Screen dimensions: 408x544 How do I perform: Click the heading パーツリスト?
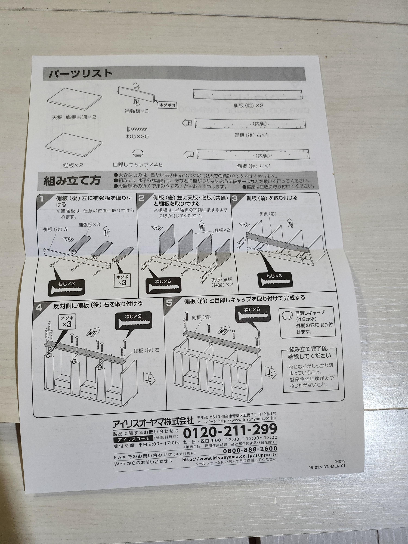[x=80, y=74]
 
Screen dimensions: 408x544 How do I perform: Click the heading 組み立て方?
[x=72, y=180]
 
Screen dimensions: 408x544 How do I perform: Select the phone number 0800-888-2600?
[x=250, y=449]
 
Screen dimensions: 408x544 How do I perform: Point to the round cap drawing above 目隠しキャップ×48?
[x=138, y=153]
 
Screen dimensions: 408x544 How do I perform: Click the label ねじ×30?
[x=137, y=136]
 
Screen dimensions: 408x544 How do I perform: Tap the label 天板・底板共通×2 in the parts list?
[x=73, y=117]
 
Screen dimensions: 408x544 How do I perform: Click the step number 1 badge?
[x=42, y=199]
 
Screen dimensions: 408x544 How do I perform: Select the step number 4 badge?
[x=39, y=308]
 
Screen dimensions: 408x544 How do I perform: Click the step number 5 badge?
[x=169, y=302]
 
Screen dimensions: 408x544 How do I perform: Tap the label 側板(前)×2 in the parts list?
[x=248, y=105]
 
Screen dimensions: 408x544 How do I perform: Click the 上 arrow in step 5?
[x=270, y=373]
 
